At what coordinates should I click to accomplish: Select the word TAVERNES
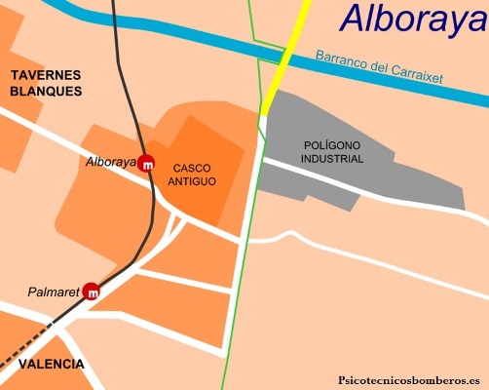tap(45, 74)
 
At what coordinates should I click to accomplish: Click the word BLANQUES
tap(45, 91)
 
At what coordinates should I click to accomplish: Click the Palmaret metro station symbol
tap(93, 291)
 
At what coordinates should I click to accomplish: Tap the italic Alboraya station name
tap(110, 162)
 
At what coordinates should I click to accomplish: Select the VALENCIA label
tap(43, 364)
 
